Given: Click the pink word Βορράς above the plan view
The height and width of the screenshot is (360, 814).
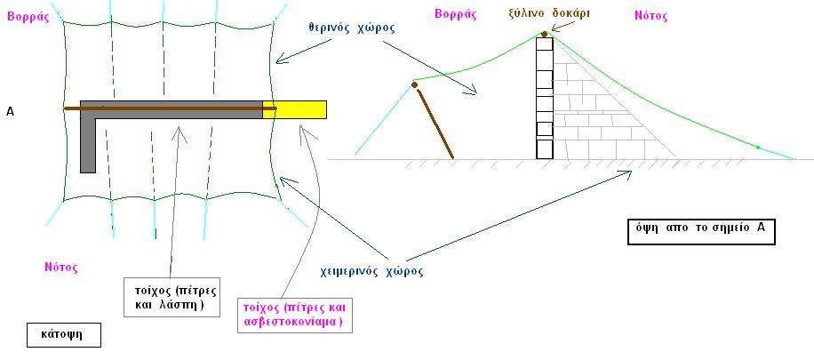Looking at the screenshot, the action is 28,17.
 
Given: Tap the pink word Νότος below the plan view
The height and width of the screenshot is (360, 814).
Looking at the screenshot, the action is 61,268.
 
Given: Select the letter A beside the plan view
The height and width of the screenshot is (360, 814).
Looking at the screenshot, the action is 10,110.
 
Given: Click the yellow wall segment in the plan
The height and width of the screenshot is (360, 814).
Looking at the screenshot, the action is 294,109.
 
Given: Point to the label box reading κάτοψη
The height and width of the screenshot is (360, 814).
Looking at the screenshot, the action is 64,336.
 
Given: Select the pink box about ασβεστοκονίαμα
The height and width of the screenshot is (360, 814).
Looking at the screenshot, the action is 295,315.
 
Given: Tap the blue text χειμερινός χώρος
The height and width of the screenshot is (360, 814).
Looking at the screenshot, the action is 371,271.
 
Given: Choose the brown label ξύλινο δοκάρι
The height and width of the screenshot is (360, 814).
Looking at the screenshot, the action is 548,13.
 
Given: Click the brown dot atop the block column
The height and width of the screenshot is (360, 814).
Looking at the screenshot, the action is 544,35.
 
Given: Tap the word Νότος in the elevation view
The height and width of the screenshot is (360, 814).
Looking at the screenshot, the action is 651,16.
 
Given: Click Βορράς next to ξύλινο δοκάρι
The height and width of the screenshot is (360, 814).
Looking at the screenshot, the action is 455,14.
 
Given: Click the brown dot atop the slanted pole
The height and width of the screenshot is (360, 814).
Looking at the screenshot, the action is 415,84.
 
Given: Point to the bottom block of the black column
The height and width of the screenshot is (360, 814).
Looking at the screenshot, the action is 545,148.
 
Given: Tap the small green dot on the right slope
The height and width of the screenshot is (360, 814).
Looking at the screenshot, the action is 758,148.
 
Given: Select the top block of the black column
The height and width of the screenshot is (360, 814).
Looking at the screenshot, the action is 545,44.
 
